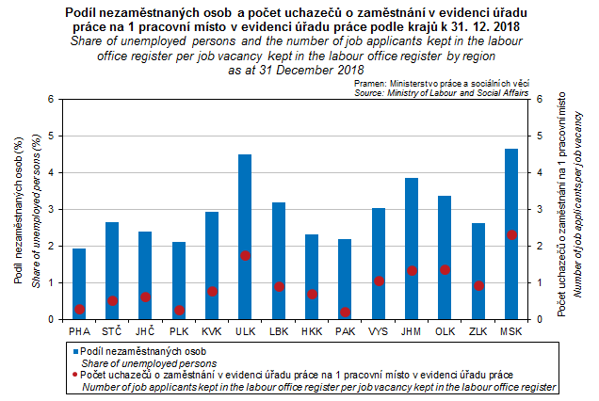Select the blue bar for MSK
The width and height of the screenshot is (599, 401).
pyautogui.click(x=511, y=234)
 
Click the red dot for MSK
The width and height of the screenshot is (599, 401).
pyautogui.click(x=511, y=234)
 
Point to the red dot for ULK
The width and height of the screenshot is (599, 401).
pyautogui.click(x=245, y=255)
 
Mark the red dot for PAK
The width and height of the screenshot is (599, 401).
pyautogui.click(x=345, y=312)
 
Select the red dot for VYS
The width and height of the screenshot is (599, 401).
pyautogui.click(x=379, y=281)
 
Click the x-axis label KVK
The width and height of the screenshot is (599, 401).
pyautogui.click(x=212, y=331)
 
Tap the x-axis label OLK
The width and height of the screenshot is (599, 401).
pyautogui.click(x=445, y=331)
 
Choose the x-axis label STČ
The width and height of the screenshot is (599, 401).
pyautogui.click(x=112, y=331)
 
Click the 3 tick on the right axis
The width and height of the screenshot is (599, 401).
pyautogui.click(x=539, y=209)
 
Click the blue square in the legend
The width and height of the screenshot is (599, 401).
pyautogui.click(x=74, y=350)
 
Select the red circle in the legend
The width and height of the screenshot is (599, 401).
pyautogui.click(x=74, y=375)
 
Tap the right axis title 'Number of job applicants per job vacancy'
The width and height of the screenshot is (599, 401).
pyautogui.click(x=577, y=209)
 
